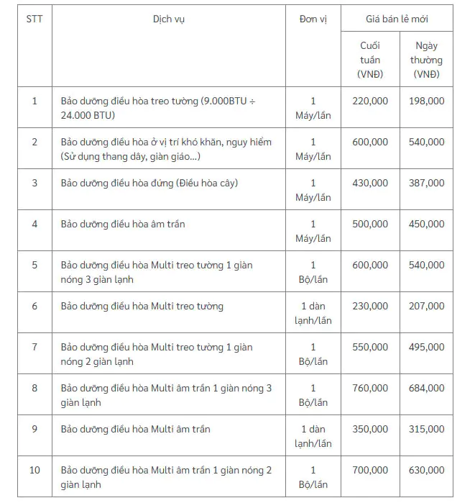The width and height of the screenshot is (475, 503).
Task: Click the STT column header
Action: coord(34,19)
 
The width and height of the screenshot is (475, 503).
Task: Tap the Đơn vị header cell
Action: coord(313,19)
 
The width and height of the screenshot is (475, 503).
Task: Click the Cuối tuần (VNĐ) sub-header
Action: coord(370,60)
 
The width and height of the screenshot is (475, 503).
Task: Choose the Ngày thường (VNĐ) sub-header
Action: coord(427,60)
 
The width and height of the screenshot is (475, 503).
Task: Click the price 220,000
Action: coord(370,101)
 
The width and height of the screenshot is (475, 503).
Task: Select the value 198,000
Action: coord(427,101)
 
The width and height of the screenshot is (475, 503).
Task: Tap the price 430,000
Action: coord(370,183)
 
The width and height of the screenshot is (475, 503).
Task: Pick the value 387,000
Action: coord(427,183)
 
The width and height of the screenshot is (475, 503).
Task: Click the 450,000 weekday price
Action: coord(427,225)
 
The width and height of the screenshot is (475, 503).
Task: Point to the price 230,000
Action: coord(370,307)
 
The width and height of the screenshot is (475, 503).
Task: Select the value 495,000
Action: coord(427,348)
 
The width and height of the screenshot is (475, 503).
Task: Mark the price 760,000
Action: coord(370,389)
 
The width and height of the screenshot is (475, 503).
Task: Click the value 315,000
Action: coord(427,430)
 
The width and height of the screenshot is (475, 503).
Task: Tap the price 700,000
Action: coord(370,471)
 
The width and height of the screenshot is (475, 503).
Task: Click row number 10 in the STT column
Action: coord(34,471)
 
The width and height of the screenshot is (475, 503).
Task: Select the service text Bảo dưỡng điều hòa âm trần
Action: coord(123,225)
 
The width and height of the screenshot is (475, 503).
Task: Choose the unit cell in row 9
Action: coord(313,436)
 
